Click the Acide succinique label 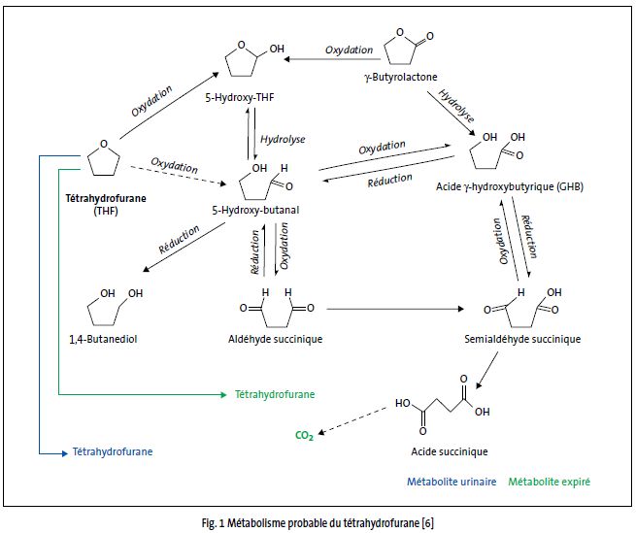(x=447, y=451)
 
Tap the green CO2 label (x=304, y=436)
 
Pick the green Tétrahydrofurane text (x=275, y=394)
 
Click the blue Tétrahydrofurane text (x=113, y=451)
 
